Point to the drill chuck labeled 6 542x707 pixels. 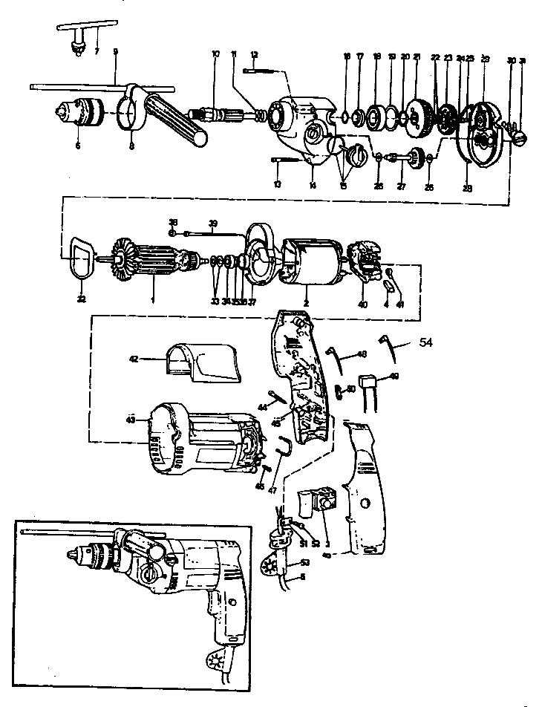pyautogui.click(x=82, y=113)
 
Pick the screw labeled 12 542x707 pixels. pyautogui.click(x=260, y=71)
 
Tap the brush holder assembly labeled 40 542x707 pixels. pyautogui.click(x=366, y=264)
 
